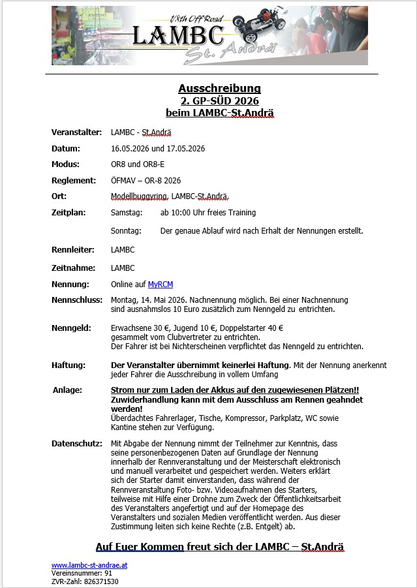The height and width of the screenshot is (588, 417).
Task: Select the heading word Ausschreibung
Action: coord(219,88)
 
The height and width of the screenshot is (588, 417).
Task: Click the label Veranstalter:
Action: coord(76,132)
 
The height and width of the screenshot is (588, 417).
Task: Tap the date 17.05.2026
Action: coord(185,149)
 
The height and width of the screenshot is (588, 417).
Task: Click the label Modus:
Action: coord(65,164)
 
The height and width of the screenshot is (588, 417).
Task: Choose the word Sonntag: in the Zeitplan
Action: coord(126,231)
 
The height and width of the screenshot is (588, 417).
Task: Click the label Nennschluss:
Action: coord(77,300)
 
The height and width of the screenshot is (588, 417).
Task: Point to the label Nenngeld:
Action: coord(71,328)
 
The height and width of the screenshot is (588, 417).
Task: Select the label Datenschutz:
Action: coord(77,444)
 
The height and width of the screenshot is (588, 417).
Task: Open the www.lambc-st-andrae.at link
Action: coord(90,565)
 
